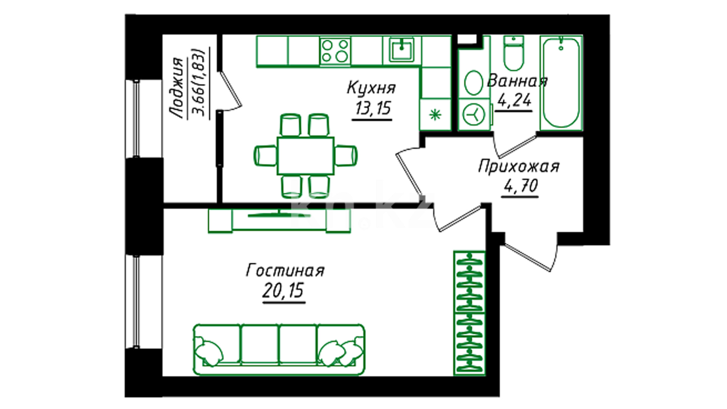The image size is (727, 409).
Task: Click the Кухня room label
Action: coord(371,88)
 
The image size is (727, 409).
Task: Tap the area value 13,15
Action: coord(373,108)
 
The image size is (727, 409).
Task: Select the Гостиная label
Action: coord(285,271)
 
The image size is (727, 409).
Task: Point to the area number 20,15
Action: coord(283,291)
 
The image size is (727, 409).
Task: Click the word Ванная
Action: coord(517,81)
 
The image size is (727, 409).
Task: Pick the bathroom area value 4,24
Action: coord(514,100)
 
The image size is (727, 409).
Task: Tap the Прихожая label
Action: coord(518,166)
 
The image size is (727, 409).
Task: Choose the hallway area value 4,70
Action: coord(521,186)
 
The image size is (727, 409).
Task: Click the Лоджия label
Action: coord(176,88)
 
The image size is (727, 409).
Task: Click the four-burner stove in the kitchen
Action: coord(335,51)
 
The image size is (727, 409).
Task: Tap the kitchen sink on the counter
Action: coord(402,51)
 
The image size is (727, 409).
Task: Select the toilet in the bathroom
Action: coord(514,53)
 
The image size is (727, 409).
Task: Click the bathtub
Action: coord(561,83)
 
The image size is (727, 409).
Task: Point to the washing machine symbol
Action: coord(474,114)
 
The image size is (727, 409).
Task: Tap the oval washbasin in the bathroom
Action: coord(473,82)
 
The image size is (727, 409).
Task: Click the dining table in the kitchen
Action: coord(306,156)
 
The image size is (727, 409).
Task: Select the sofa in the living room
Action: coord(279,349)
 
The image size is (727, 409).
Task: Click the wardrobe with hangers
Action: coord(470,313)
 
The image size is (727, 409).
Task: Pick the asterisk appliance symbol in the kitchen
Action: coord(435,114)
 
